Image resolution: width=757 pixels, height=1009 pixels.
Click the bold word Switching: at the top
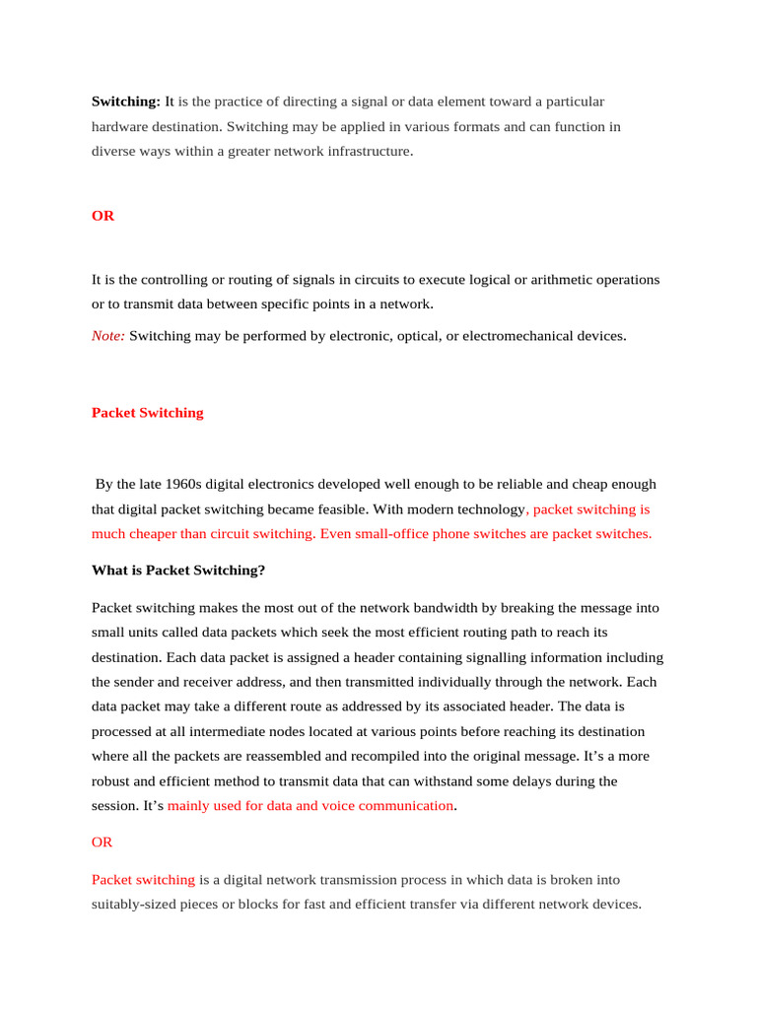pos(126,101)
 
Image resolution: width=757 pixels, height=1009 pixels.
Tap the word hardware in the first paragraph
pos(117,127)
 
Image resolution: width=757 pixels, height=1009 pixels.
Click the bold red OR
pos(103,216)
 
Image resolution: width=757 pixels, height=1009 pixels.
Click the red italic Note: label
pos(108,336)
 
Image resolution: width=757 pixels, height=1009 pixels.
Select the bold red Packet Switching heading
pos(148,413)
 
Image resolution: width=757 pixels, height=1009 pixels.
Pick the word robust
pos(111,781)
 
